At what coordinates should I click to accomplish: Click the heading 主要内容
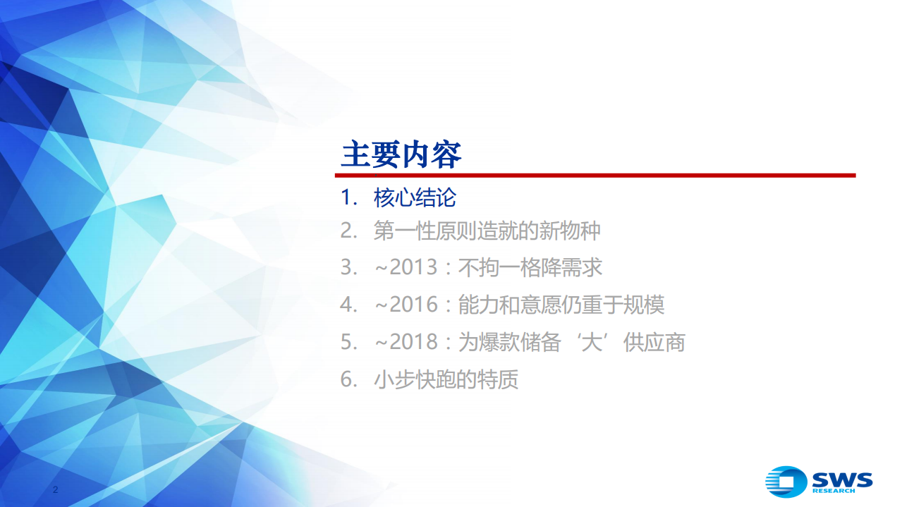[401, 154]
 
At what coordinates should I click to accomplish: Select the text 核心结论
[415, 198]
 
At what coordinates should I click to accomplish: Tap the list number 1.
[346, 198]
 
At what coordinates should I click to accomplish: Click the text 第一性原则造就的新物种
[487, 231]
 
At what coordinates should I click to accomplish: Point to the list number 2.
[346, 231]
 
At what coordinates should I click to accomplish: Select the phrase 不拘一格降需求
[530, 268]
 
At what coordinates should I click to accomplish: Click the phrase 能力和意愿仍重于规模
[561, 305]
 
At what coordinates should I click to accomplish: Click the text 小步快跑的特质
[446, 379]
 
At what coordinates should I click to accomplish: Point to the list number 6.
[346, 379]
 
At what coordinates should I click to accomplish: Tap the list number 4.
[346, 305]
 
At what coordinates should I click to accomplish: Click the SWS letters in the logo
[841, 479]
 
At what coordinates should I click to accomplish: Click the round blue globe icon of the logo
[786, 482]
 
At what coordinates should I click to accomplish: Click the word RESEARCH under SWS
[833, 491]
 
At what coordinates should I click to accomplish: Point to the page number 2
[56, 489]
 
